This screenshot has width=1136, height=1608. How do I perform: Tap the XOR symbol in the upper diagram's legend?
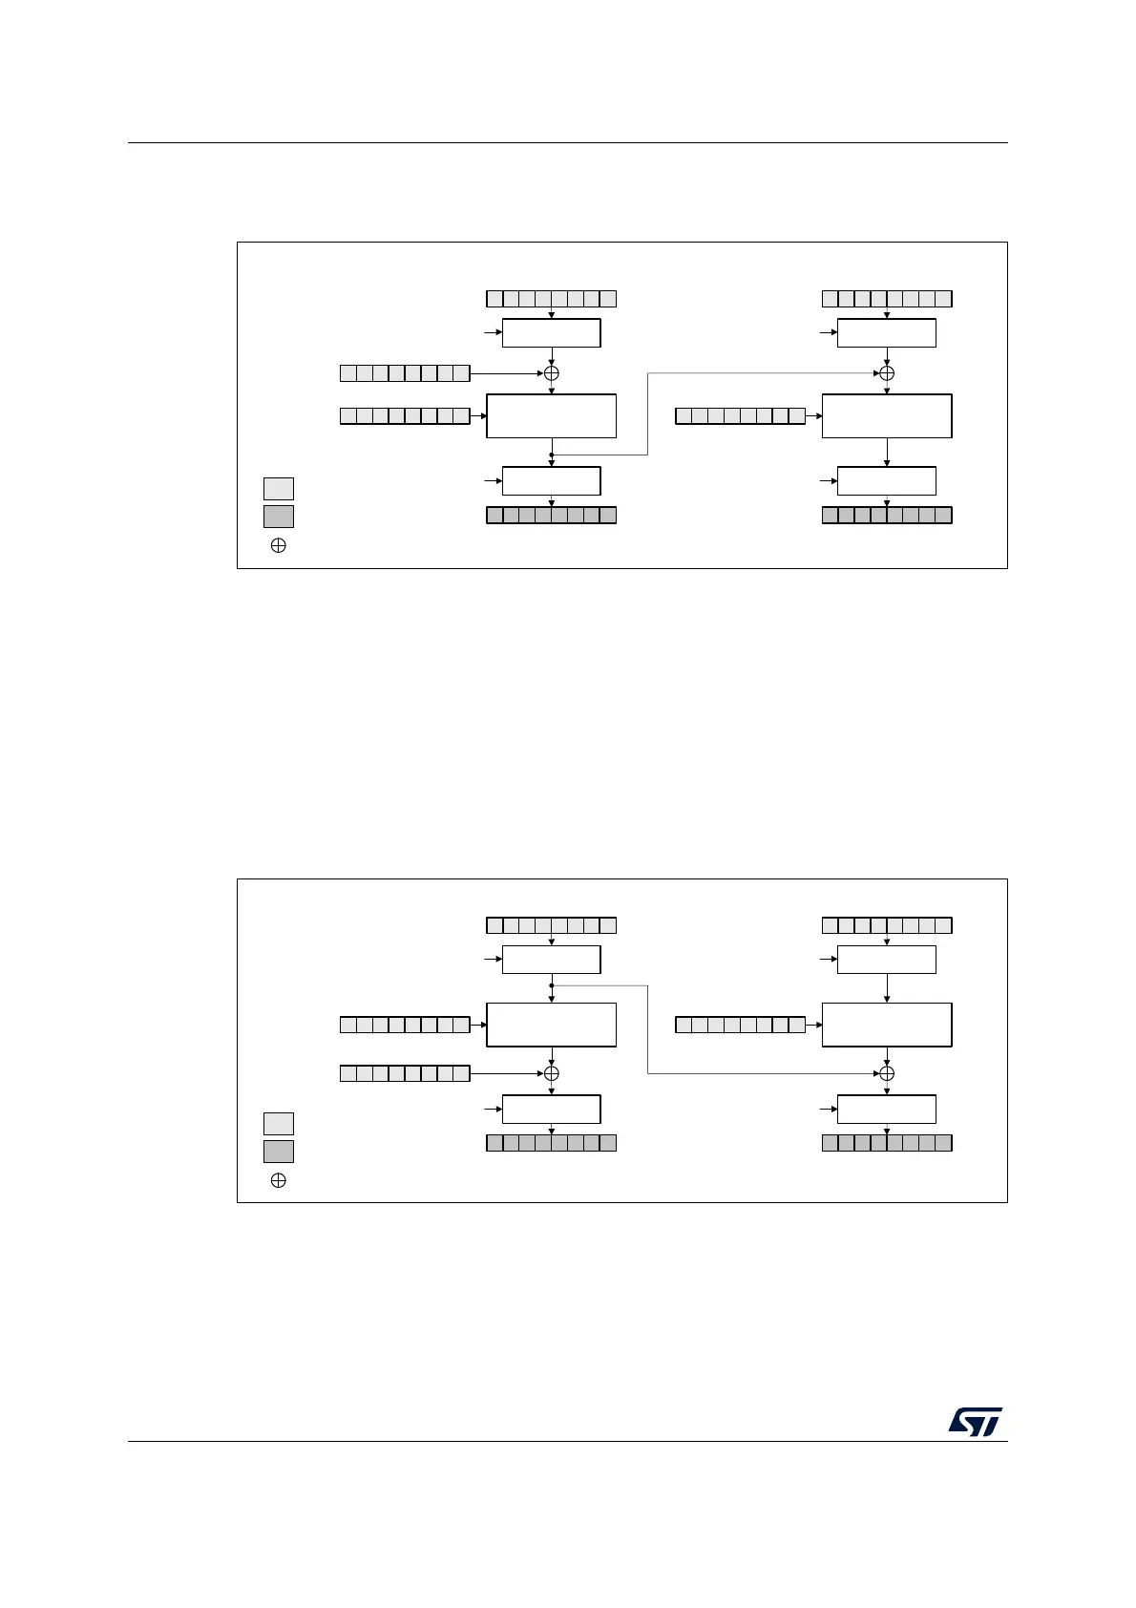(x=279, y=546)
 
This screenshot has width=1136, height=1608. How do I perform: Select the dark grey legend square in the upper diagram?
(x=279, y=517)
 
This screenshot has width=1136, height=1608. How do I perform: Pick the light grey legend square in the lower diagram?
(x=279, y=1123)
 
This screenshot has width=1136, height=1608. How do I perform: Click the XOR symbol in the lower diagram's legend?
(x=279, y=1180)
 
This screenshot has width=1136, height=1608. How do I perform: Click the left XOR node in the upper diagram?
(x=552, y=373)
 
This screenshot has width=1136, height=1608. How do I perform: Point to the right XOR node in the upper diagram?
(x=887, y=373)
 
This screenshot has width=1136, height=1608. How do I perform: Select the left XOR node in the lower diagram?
(x=552, y=1073)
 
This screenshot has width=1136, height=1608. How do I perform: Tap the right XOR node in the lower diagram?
(x=887, y=1073)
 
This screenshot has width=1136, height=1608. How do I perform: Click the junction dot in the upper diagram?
(x=552, y=455)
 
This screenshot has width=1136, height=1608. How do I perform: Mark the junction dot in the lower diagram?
(x=552, y=985)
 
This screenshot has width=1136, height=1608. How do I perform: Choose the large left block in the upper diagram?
(x=551, y=415)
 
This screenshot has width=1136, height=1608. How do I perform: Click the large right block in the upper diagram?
(x=887, y=415)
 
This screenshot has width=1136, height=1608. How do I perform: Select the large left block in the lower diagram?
(x=551, y=1025)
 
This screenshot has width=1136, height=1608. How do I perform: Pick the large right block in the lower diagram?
(x=887, y=1025)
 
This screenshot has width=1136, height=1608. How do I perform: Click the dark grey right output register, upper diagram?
(x=887, y=516)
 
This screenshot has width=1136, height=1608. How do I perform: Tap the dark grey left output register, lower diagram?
(x=551, y=1143)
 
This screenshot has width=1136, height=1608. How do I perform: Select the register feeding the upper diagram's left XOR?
(x=405, y=373)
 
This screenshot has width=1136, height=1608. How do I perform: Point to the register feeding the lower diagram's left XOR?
(x=405, y=1073)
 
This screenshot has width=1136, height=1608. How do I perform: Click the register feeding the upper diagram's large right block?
(x=740, y=415)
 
